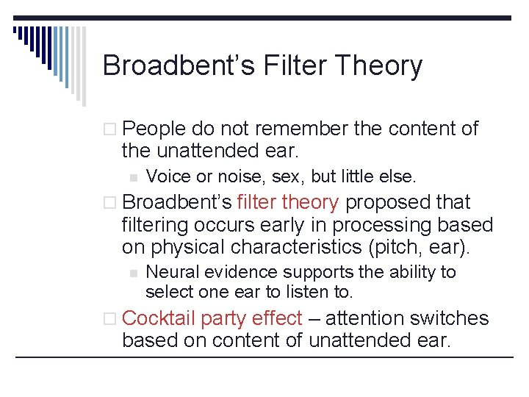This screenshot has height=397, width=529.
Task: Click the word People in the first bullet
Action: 154,129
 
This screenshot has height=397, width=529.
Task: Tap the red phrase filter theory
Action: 288,202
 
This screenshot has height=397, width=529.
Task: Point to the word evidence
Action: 237,272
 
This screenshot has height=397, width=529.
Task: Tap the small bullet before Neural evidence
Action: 132,273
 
